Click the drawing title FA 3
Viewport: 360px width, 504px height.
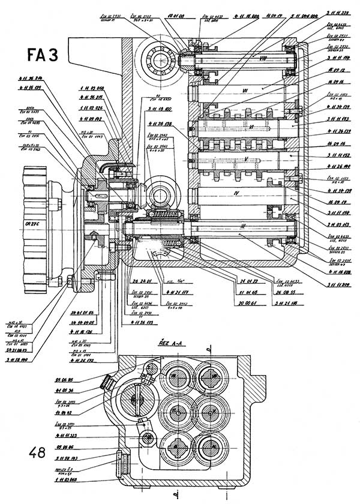pos(42,55)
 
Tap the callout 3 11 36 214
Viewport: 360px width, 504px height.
pos(30,78)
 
